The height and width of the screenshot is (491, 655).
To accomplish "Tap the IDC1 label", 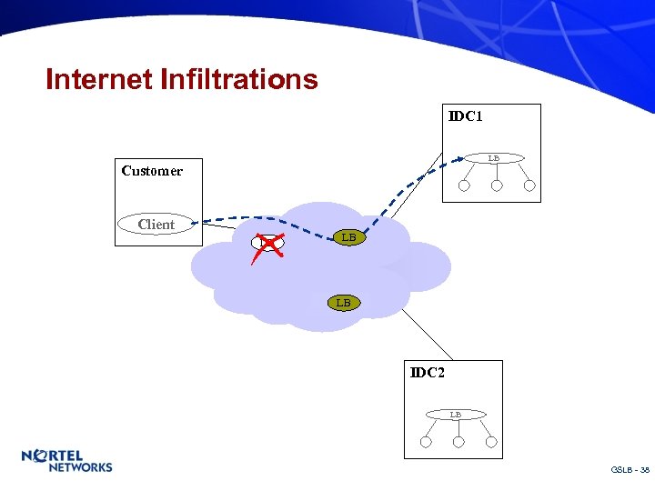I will click(465, 116).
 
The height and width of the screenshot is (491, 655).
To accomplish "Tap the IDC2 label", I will click(427, 373).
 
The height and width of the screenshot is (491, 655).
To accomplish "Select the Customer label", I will click(152, 171).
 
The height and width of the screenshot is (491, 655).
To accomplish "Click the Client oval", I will click(156, 225).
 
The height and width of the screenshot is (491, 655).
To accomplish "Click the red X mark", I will click(267, 243).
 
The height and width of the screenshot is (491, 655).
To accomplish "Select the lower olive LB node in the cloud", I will click(343, 302).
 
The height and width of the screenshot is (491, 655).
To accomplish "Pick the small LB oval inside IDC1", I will click(493, 158).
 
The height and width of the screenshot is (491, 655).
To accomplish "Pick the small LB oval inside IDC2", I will click(455, 415).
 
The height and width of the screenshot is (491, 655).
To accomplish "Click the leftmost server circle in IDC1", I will click(464, 186).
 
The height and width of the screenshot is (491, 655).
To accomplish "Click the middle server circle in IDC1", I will click(497, 186).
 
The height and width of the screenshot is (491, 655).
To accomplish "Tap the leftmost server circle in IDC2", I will click(426, 443).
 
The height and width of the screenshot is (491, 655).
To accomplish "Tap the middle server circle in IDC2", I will click(458, 443).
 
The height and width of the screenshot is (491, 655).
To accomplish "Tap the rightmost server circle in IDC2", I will click(491, 443).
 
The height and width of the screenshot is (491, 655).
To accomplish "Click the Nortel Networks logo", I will click(66, 461).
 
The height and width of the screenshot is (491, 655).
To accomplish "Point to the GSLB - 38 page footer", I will click(630, 470).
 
